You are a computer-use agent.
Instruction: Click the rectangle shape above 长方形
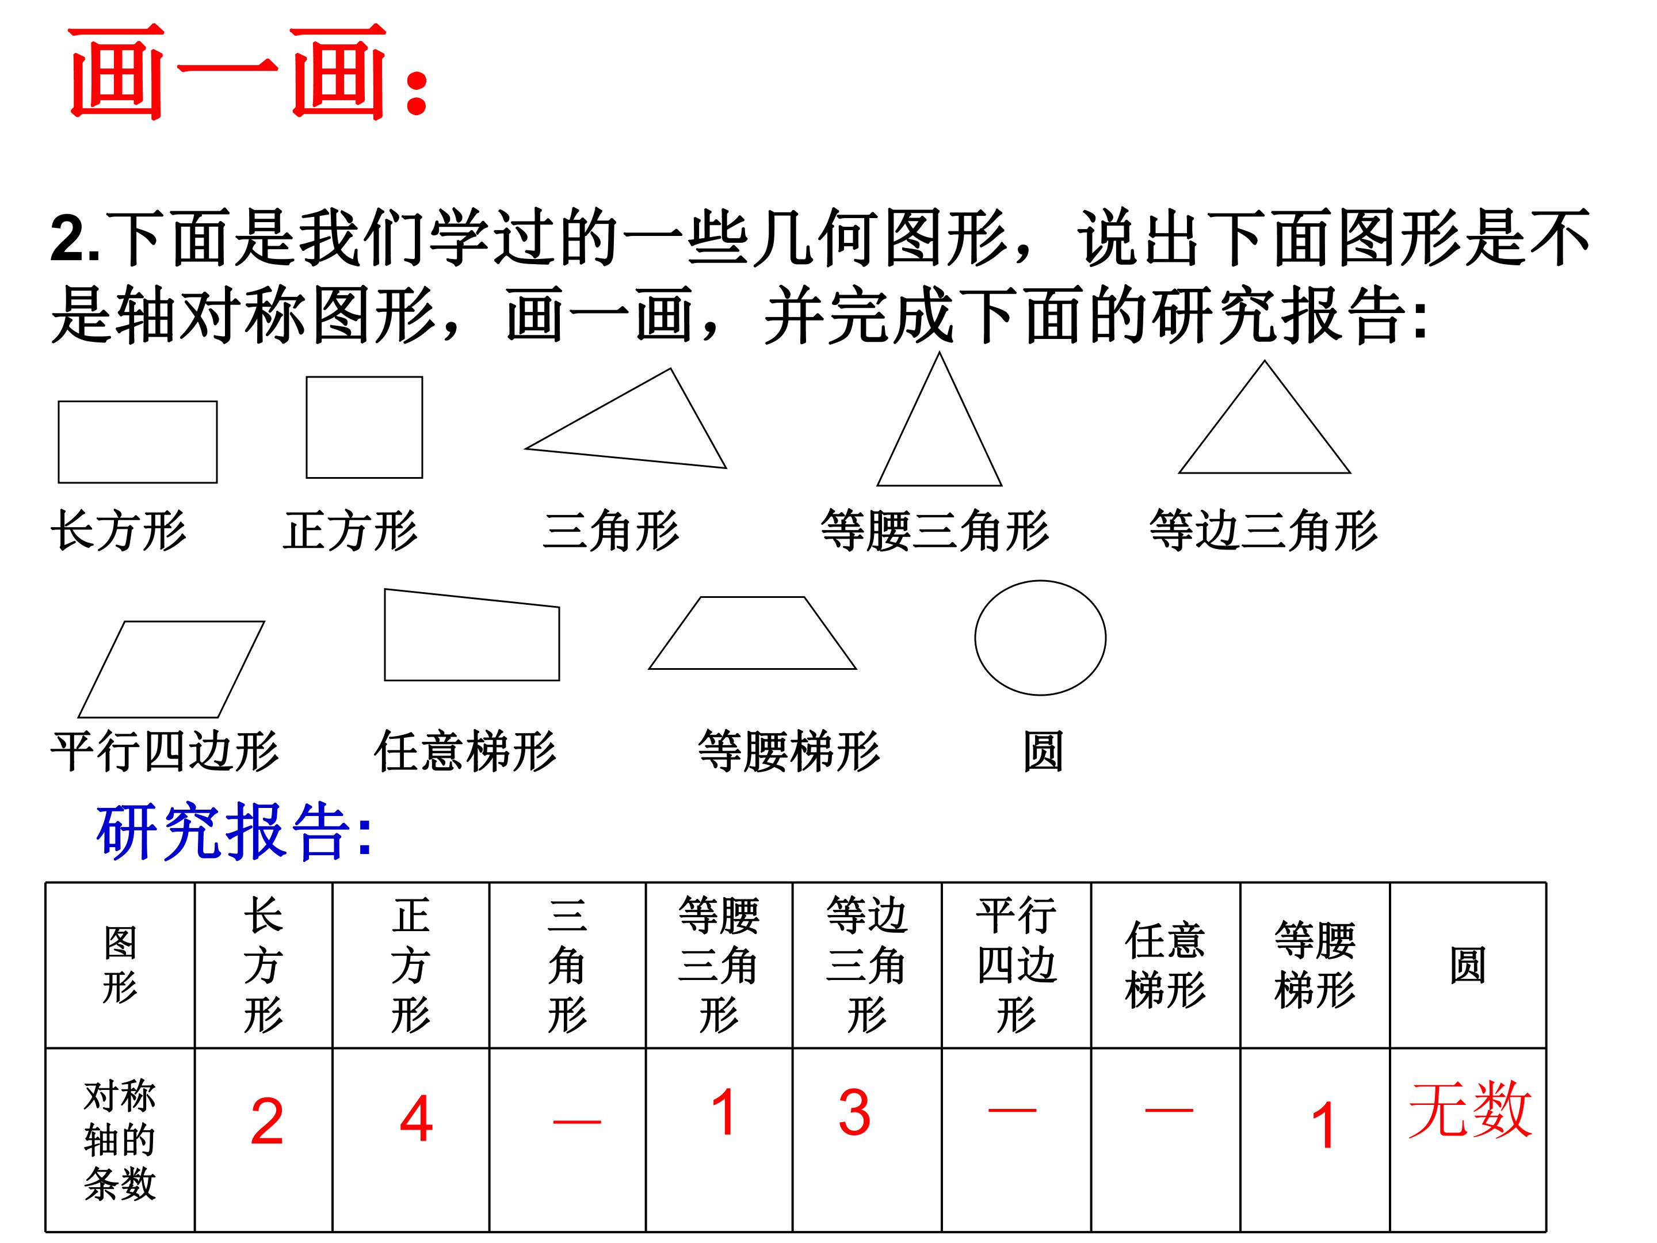pos(59,442)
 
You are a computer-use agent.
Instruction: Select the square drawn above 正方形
pos(307,427)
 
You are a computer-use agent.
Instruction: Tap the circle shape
pos(975,638)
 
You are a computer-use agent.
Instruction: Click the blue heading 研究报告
pos(234,831)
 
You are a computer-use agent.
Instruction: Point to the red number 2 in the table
pos(267,1121)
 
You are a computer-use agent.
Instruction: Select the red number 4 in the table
pos(417,1119)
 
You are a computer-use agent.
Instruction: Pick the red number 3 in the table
pos(855,1112)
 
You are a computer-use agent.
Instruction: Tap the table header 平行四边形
pos(1017,965)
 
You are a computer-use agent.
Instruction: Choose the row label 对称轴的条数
pos(120,1141)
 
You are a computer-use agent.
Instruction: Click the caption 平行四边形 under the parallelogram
pos(165,751)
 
